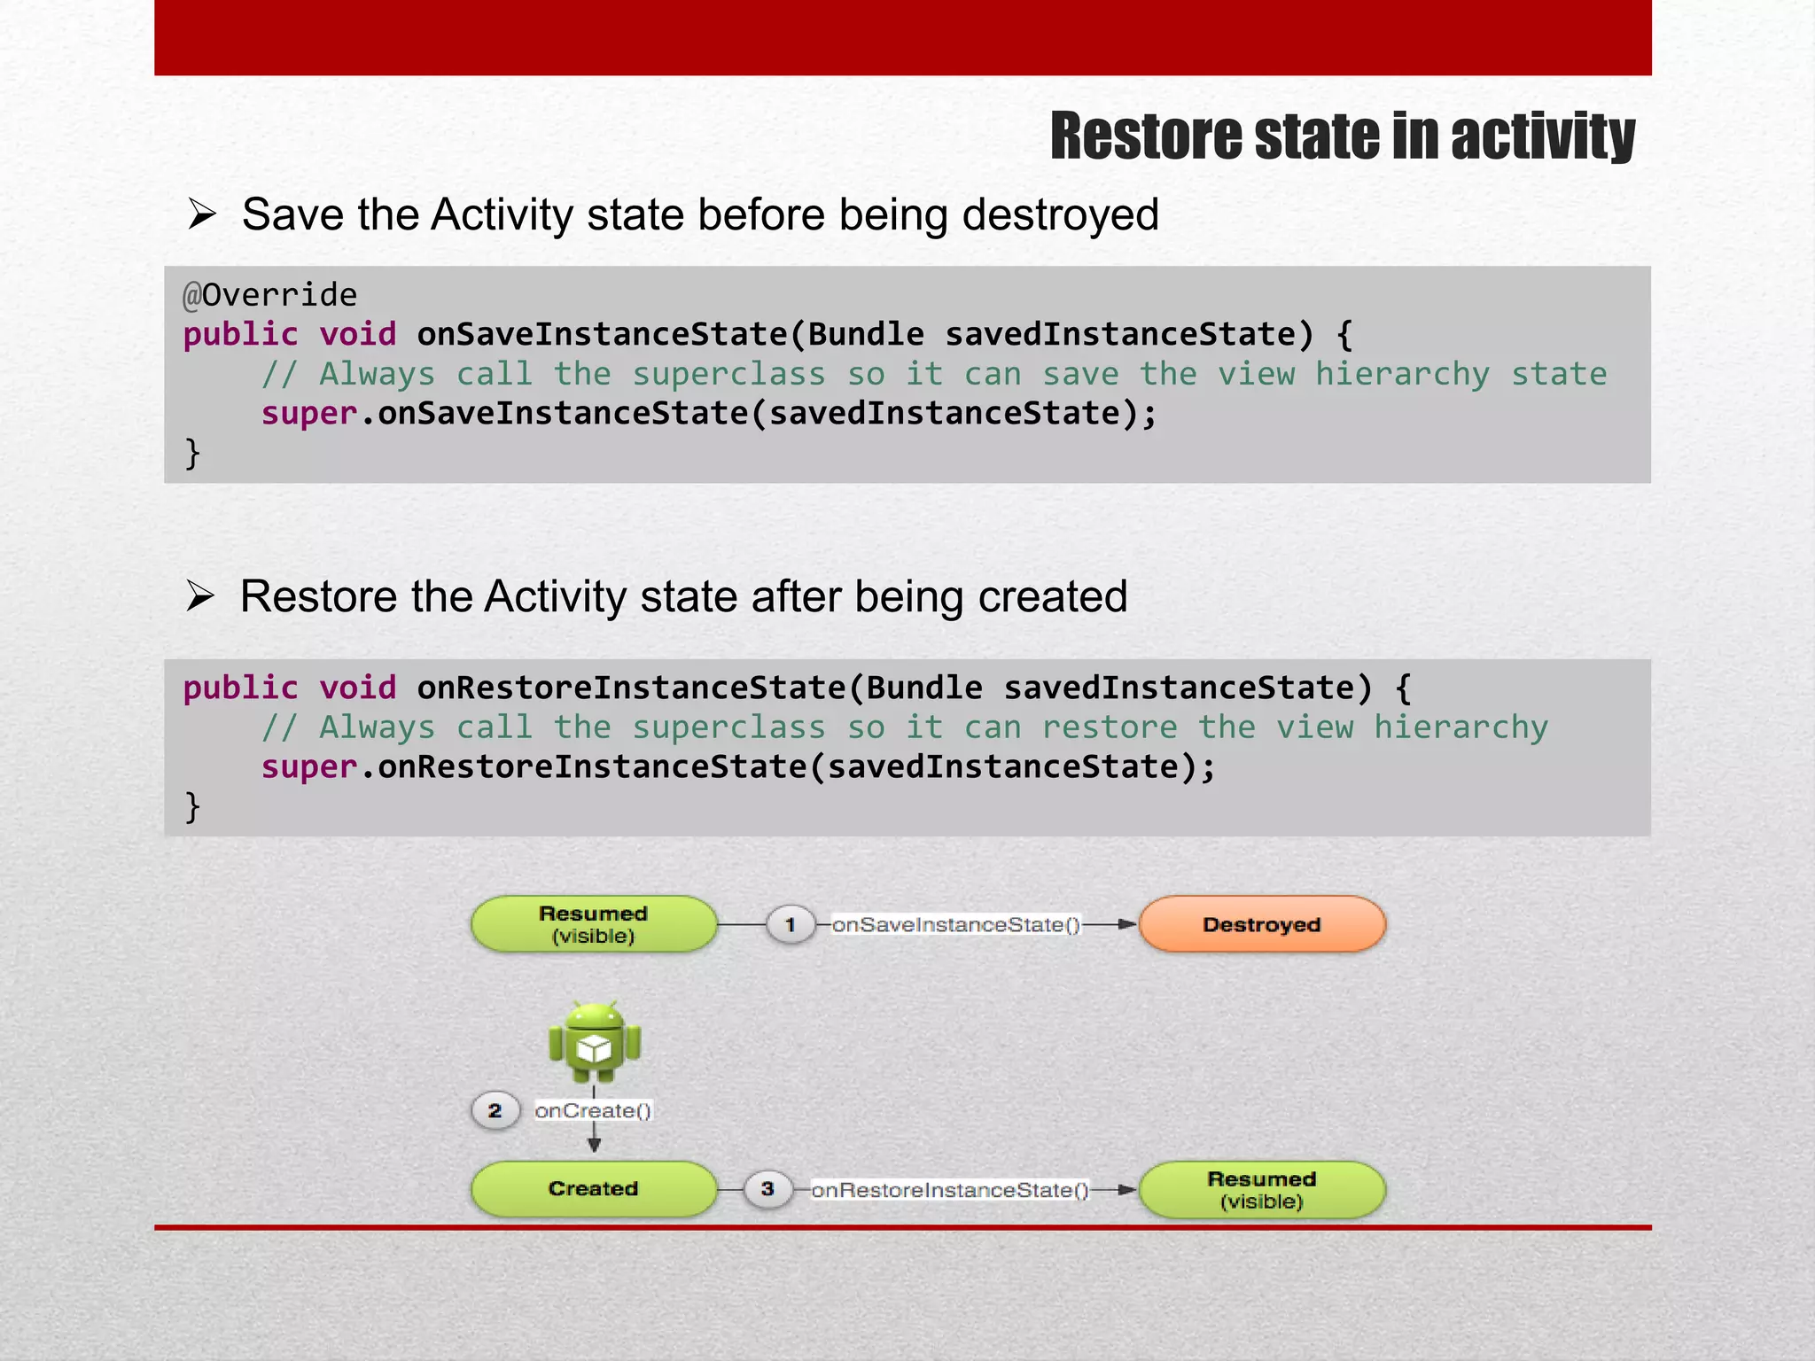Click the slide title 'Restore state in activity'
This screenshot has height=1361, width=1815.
pyautogui.click(x=1342, y=136)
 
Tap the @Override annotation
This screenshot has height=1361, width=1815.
pyautogui.click(x=269, y=295)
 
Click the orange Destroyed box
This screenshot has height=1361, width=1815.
pyautogui.click(x=1261, y=924)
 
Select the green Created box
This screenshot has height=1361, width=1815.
pyautogui.click(x=593, y=1188)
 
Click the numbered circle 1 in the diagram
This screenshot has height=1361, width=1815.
pyautogui.click(x=790, y=925)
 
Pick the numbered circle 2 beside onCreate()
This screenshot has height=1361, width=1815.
pyautogui.click(x=495, y=1110)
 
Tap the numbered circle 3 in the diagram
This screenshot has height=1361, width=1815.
pyautogui.click(x=767, y=1188)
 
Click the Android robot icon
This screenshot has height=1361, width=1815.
pyautogui.click(x=594, y=1042)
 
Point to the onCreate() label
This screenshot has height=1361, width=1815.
pyautogui.click(x=593, y=1111)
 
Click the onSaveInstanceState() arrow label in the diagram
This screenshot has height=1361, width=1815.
pyautogui.click(x=955, y=925)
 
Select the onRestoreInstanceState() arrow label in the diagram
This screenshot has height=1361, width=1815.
pyautogui.click(x=949, y=1190)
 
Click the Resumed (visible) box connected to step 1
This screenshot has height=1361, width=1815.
pyautogui.click(x=593, y=924)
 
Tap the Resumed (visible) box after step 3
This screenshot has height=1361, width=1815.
pyautogui.click(x=1261, y=1190)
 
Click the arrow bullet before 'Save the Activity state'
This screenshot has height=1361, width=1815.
pyautogui.click(x=202, y=214)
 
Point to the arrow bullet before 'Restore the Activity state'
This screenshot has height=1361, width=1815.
pyautogui.click(x=200, y=596)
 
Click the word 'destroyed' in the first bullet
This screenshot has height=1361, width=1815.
pyautogui.click(x=1060, y=215)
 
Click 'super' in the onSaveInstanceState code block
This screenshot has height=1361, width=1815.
pyautogui.click(x=308, y=414)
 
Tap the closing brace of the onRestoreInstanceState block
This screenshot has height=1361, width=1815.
pyautogui.click(x=192, y=806)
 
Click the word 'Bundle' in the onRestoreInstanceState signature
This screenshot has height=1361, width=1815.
pyautogui.click(x=923, y=688)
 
